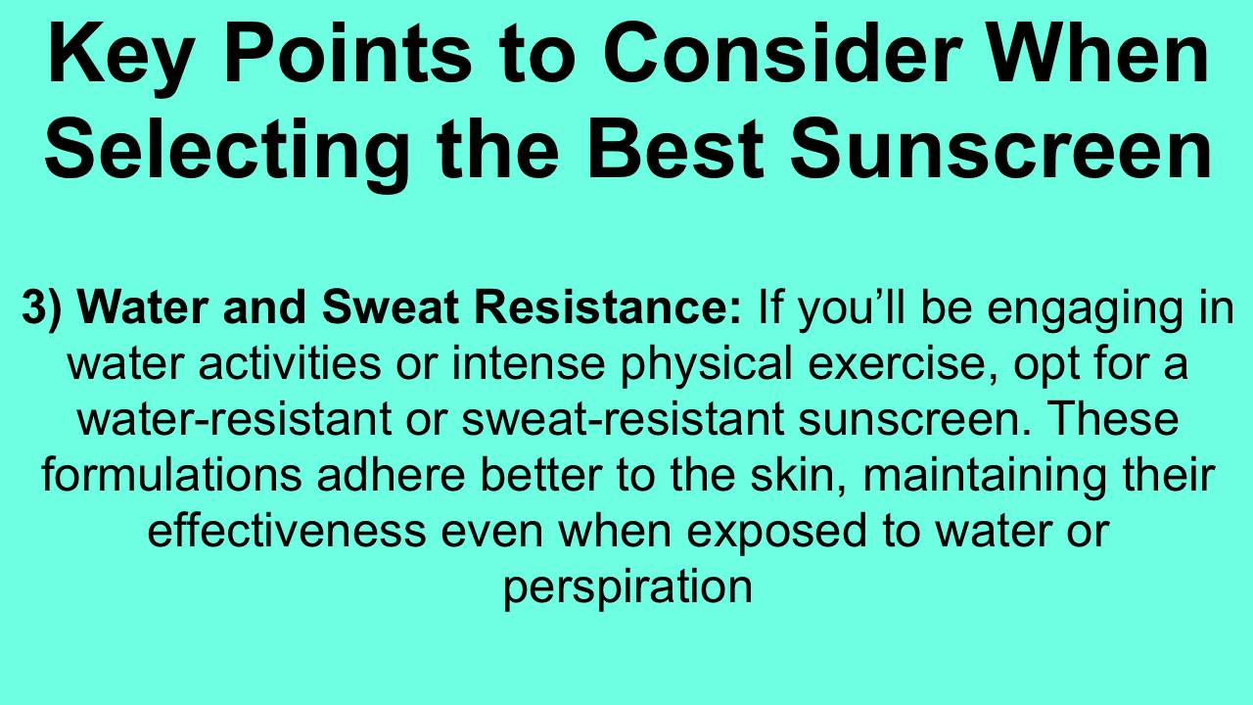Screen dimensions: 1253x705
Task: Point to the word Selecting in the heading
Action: click(x=226, y=151)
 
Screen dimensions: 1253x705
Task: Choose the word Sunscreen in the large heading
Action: click(x=1000, y=147)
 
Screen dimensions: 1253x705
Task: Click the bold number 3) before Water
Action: click(x=41, y=308)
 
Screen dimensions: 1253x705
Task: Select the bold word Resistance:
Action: click(x=608, y=306)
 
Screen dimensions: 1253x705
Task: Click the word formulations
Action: click(x=171, y=475)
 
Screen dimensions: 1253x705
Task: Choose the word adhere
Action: click(x=391, y=475)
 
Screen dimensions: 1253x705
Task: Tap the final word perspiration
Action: click(x=627, y=589)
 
